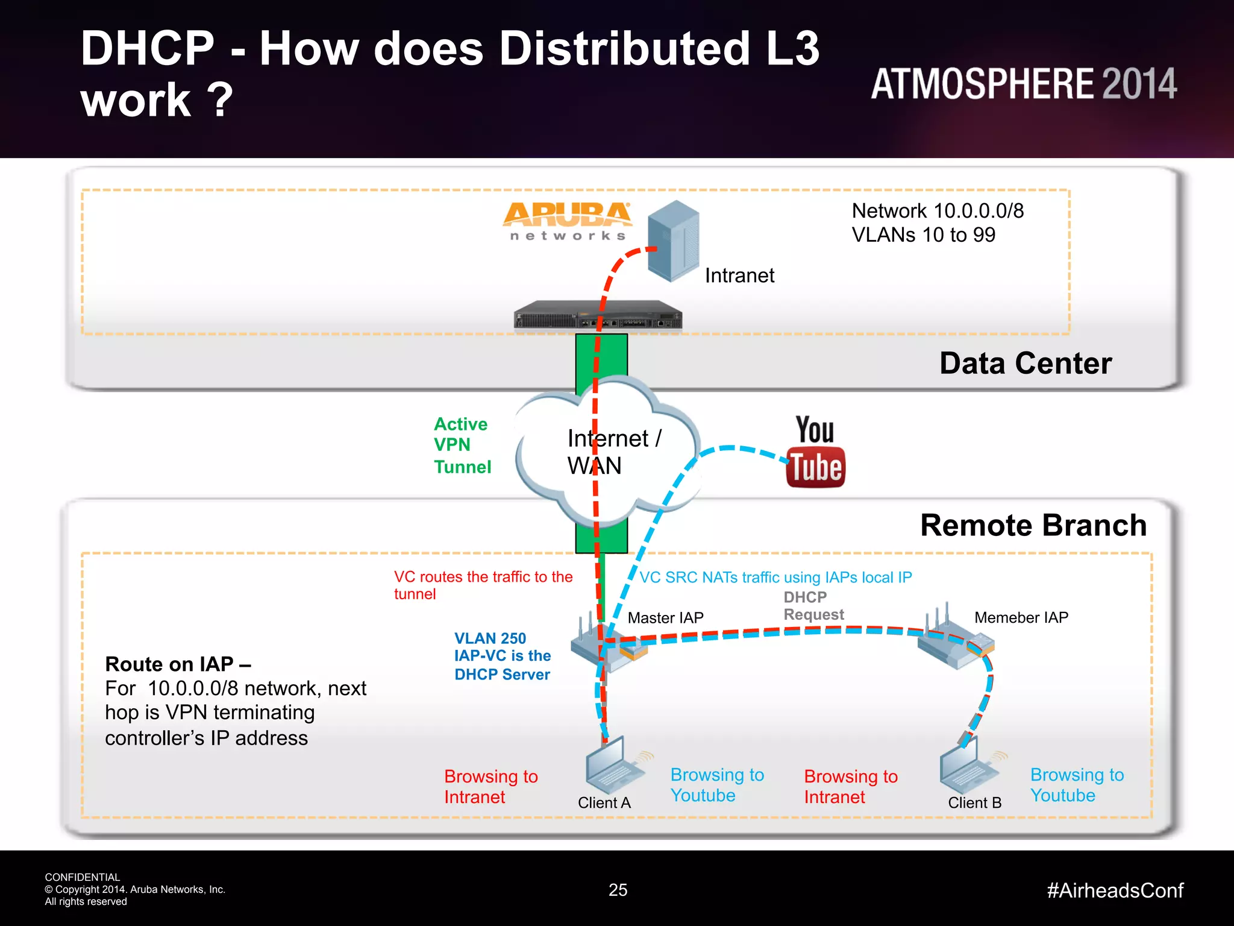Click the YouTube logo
click(815, 452)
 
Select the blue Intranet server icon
click(674, 241)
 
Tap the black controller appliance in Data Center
click(598, 315)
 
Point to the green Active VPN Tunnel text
click(462, 445)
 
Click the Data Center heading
click(1026, 364)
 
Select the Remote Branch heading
click(1033, 525)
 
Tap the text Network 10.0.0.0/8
click(938, 211)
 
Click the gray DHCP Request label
click(813, 606)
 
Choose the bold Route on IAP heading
click(178, 664)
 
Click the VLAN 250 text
click(490, 638)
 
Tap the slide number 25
click(618, 890)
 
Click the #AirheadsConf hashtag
click(1115, 890)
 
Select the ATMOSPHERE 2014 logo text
click(1024, 84)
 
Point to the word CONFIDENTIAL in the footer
click(83, 877)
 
